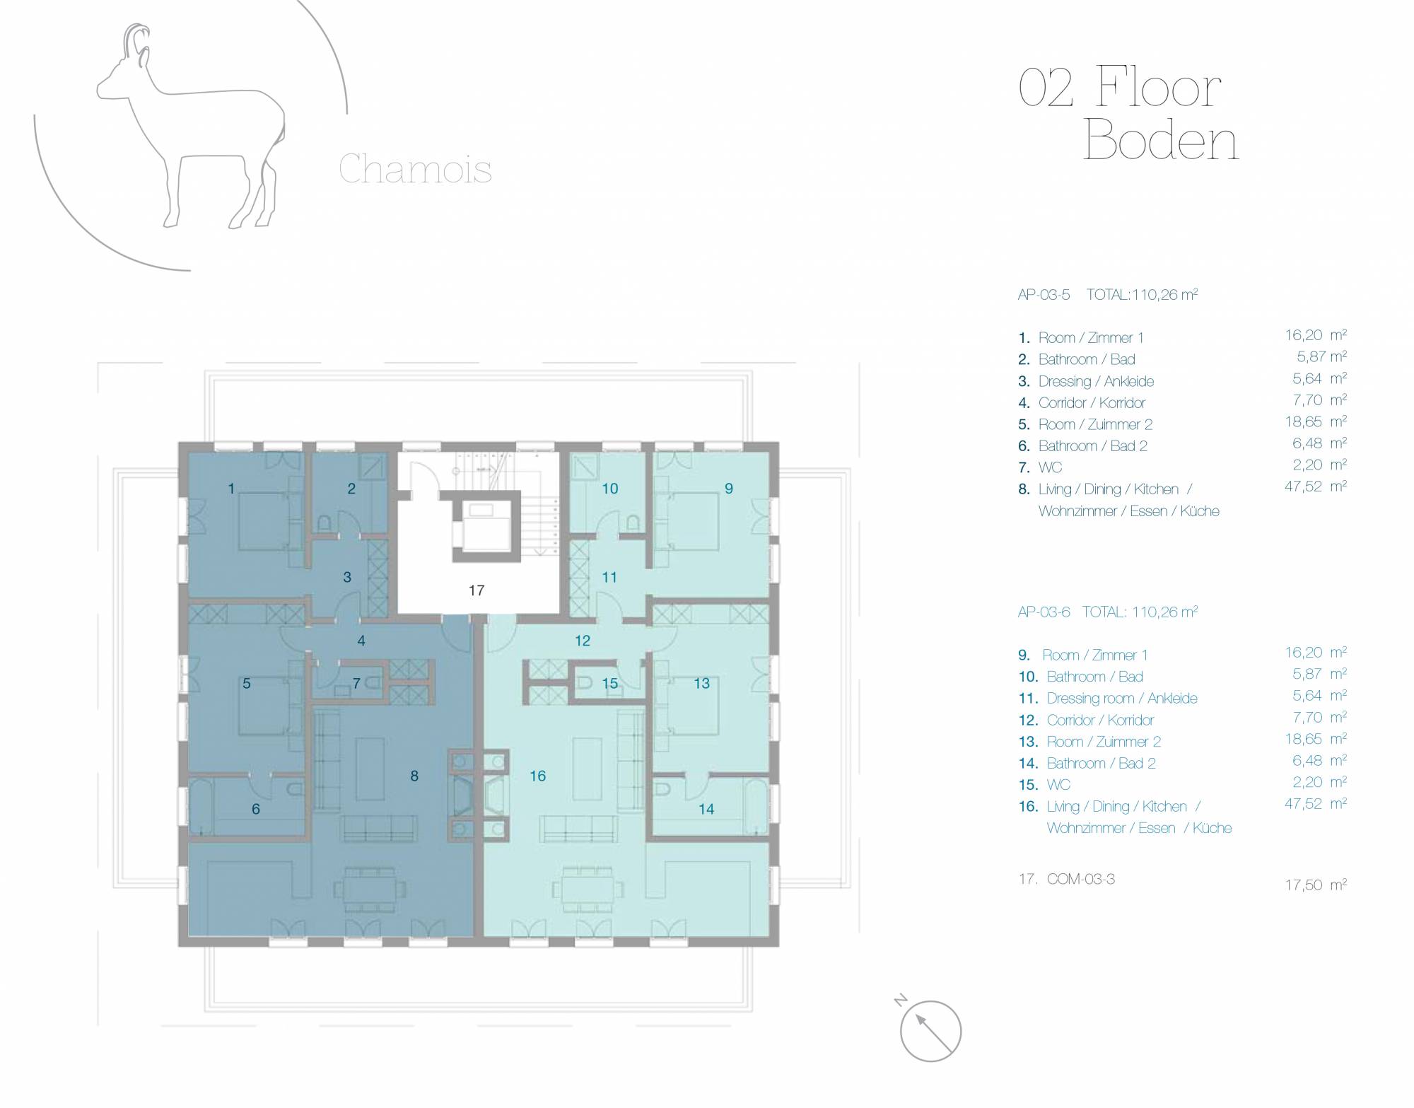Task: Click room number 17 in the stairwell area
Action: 477,590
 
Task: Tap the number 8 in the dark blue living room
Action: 414,776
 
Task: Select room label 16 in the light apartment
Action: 537,776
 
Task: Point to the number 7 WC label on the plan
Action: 356,683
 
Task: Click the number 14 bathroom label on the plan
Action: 706,809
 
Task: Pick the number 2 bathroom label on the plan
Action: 351,488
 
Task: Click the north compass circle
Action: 930,1031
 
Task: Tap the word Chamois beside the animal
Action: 415,169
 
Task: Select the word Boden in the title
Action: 1161,141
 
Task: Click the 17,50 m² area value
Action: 1316,884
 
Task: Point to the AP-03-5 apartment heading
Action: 1044,294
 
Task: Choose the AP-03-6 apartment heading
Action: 1044,612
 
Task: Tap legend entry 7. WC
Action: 1040,467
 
